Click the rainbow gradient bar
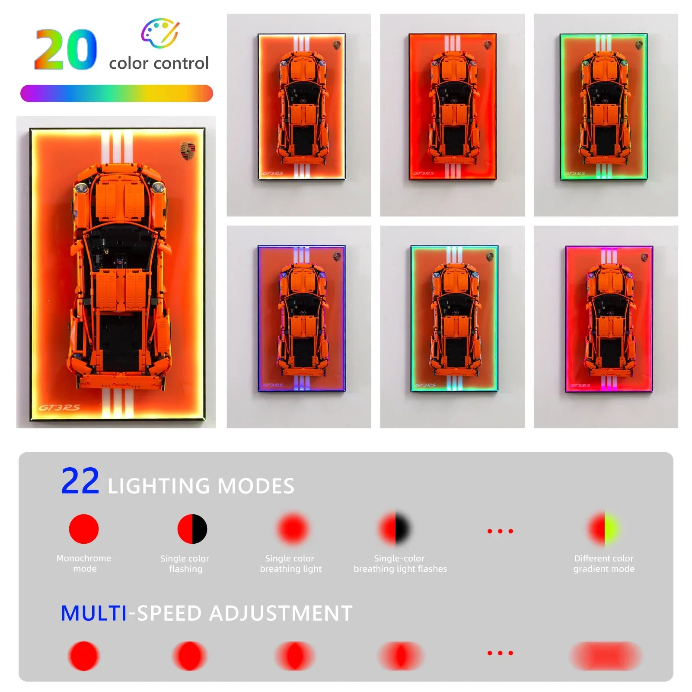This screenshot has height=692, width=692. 117,93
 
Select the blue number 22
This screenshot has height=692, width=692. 80,481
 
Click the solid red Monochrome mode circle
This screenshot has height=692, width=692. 84,529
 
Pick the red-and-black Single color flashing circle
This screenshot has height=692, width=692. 192,529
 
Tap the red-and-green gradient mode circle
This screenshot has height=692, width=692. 603,529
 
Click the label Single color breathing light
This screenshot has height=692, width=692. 290,564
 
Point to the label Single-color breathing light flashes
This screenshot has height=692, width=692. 400,564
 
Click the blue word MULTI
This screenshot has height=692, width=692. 94,613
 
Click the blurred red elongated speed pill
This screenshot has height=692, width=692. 605,656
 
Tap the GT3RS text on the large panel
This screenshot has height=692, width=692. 59,408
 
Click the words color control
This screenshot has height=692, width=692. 159,64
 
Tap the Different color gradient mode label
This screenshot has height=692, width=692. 604,564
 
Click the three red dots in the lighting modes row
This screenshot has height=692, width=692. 500,531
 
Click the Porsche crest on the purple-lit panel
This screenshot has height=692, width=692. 337,257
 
